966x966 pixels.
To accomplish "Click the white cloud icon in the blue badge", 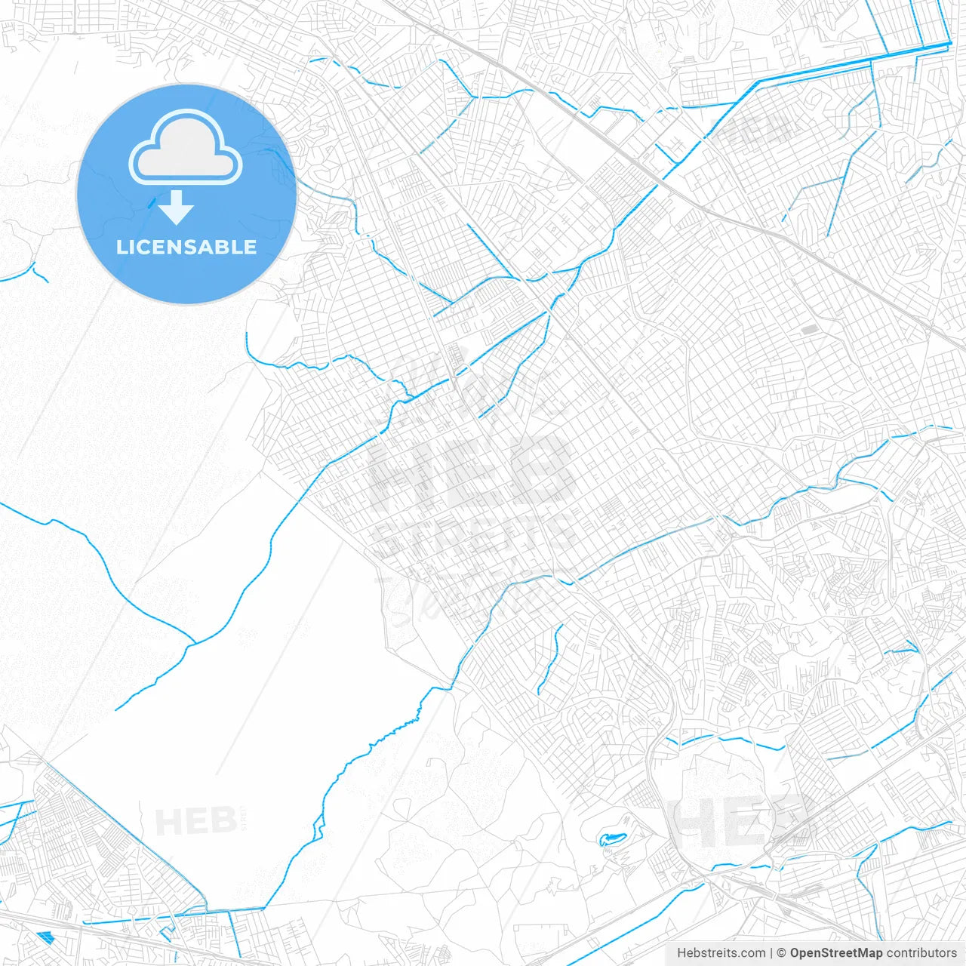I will [x=186, y=147].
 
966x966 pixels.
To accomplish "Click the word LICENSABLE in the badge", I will [x=186, y=247].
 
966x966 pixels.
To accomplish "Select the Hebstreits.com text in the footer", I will [x=721, y=953].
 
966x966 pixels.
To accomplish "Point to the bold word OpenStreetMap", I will [x=835, y=953].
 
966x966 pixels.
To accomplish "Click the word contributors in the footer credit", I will [x=921, y=953].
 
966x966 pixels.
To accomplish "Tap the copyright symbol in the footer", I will [x=782, y=953].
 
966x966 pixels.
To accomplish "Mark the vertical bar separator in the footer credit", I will [x=771, y=953].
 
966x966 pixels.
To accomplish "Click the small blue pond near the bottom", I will [x=611, y=838].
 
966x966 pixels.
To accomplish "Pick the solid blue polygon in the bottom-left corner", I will [x=45, y=937].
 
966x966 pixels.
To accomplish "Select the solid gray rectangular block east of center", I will [x=808, y=329].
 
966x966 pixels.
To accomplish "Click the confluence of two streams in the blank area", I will [x=195, y=643].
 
